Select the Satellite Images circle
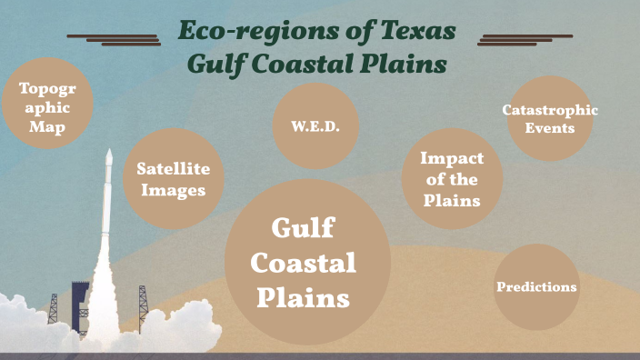click(x=173, y=178)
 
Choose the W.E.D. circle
click(x=315, y=126)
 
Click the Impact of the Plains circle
click(x=451, y=178)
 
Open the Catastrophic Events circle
click(x=550, y=118)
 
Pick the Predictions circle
click(x=536, y=287)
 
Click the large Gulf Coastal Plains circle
click(x=307, y=263)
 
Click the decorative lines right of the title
click(x=525, y=39)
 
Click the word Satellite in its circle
click(x=173, y=168)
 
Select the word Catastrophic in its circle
click(x=550, y=110)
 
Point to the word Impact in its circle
click(x=451, y=158)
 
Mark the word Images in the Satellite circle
click(x=173, y=190)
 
